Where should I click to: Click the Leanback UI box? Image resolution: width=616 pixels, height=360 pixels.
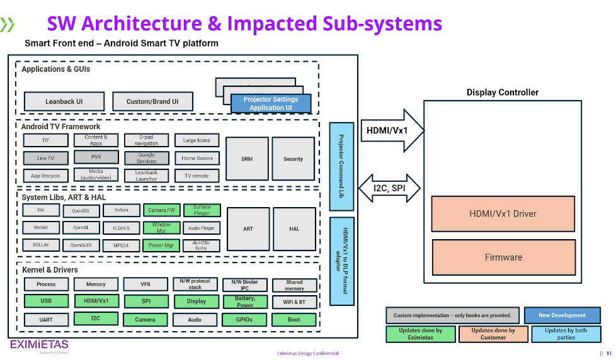point(64,101)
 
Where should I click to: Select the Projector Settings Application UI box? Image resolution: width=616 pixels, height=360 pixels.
point(271,104)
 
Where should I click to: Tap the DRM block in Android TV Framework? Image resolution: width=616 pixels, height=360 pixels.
point(247,159)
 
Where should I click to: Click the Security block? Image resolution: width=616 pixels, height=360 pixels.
point(293,159)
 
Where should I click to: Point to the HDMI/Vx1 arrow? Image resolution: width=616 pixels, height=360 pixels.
point(391,130)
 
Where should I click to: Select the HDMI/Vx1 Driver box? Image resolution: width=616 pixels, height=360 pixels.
point(503,214)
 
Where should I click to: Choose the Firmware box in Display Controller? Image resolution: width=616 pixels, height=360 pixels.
point(503,257)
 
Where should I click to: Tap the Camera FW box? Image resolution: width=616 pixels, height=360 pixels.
point(162,210)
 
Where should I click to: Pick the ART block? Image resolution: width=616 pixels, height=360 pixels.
point(248,228)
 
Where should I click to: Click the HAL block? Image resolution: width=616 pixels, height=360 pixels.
point(294,228)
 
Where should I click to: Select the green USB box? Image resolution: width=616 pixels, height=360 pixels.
point(46,301)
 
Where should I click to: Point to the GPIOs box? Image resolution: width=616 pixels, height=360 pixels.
point(244,320)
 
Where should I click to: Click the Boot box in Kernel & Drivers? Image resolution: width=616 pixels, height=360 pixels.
point(294,320)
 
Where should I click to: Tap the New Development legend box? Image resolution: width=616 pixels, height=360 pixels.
point(562,315)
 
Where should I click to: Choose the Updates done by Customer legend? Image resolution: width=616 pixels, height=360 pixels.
point(493,334)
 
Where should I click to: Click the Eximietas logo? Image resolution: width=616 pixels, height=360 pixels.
point(40,345)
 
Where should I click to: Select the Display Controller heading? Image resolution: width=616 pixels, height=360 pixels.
point(503,93)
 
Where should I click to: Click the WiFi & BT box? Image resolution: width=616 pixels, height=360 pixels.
point(294,302)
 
